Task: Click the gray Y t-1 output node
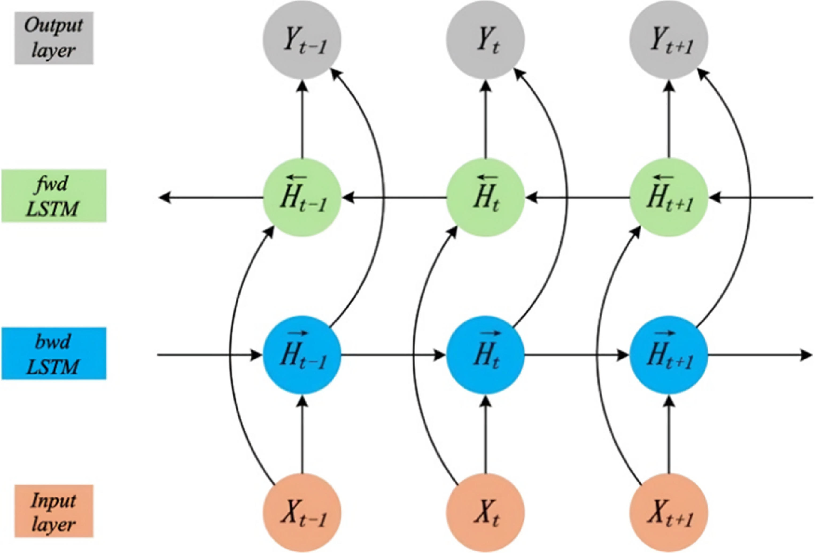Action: pos(302,39)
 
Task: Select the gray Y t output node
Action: pos(485,39)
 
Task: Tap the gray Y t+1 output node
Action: pos(669,39)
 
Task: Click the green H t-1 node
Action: pos(302,198)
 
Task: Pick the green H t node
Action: pos(485,198)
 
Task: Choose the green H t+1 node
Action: pos(669,198)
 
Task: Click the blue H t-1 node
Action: pos(302,355)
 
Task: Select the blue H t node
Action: pos(485,355)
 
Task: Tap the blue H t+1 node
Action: pos(669,355)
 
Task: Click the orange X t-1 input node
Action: pos(302,513)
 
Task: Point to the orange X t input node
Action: pos(485,513)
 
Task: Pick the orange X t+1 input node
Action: pos(669,513)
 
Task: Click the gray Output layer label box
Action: pos(54,38)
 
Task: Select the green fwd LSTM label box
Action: pos(54,196)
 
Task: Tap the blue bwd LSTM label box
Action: pos(54,353)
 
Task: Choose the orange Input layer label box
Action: pos(54,511)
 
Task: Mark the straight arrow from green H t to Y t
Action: pos(485,119)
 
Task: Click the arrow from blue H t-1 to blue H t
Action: pos(393,355)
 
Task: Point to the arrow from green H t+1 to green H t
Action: pos(579,198)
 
